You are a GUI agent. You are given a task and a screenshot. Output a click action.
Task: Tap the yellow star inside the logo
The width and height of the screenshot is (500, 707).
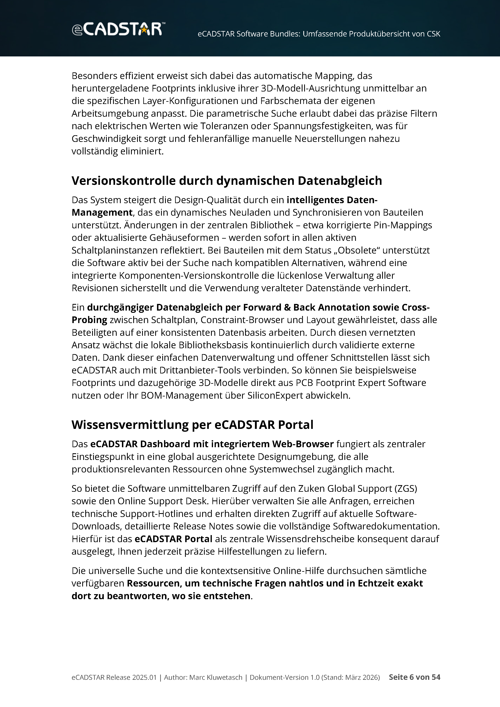pyautogui.click(x=143, y=30)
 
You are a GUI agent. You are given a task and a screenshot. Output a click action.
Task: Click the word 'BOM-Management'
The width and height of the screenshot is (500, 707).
pyautogui.click(x=181, y=395)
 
